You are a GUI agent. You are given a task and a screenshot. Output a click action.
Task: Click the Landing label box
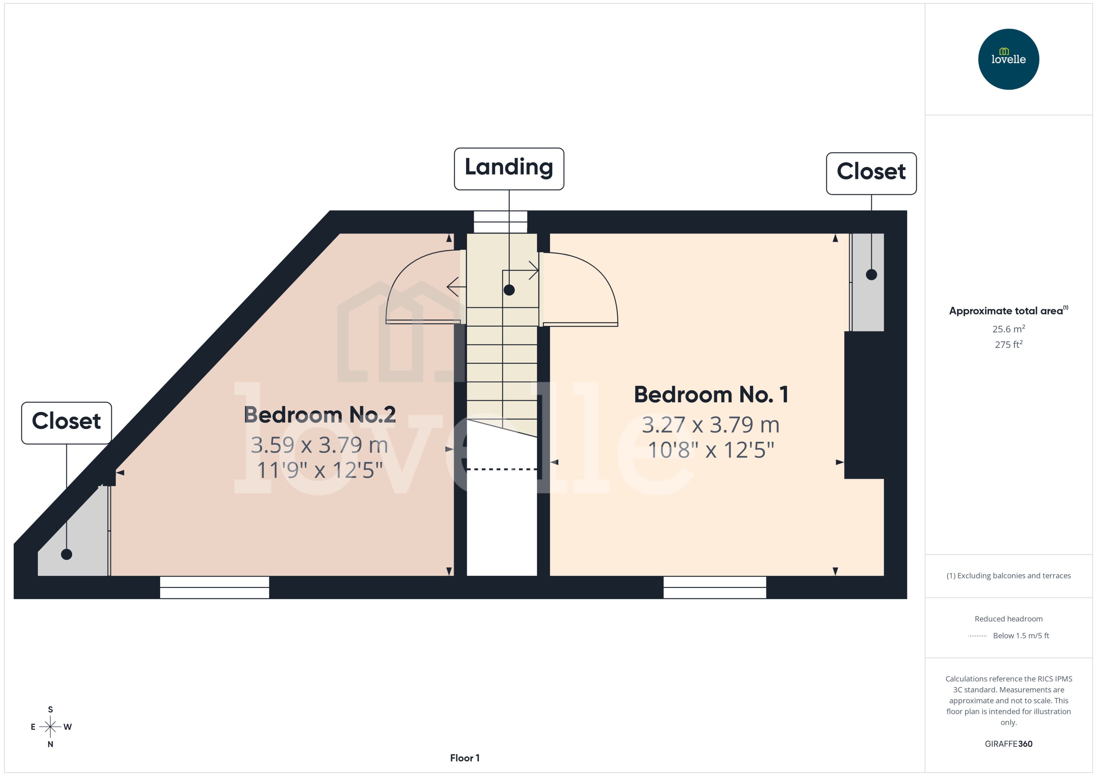click(x=509, y=169)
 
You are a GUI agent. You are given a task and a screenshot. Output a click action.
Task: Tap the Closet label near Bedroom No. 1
click(x=871, y=173)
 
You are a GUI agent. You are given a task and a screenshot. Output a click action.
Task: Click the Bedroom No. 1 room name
click(x=711, y=395)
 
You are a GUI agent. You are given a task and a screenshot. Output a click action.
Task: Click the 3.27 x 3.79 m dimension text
click(x=711, y=425)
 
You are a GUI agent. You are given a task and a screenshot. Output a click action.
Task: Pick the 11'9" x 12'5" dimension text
click(x=319, y=470)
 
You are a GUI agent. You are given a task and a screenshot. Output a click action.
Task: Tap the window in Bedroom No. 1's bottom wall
click(x=715, y=587)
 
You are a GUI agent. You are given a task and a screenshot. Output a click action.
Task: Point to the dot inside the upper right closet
click(x=871, y=275)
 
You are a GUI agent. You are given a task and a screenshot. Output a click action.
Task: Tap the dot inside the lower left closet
click(x=66, y=554)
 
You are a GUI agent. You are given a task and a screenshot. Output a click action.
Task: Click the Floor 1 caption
click(x=465, y=758)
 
